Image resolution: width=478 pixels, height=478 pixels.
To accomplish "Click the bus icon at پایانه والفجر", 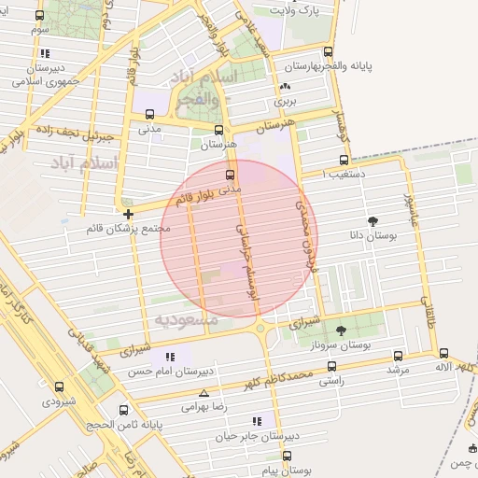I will [x=328, y=52].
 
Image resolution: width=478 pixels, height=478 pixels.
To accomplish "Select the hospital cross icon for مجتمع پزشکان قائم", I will [x=128, y=214].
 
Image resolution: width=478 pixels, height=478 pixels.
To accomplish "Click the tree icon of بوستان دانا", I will [x=374, y=221].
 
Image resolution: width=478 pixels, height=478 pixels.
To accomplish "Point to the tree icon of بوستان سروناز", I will [x=341, y=330].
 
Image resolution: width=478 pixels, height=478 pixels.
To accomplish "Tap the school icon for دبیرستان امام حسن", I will [x=169, y=357].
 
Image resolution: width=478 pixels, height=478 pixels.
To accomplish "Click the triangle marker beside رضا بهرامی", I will [x=204, y=394].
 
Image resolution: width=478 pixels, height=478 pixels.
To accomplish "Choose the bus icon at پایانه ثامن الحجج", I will [x=124, y=409].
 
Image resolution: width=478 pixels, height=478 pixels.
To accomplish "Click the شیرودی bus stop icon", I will [x=59, y=387].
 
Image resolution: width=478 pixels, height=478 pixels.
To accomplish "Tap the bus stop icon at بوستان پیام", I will [x=287, y=456].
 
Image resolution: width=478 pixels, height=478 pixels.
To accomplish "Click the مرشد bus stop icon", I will [x=399, y=356].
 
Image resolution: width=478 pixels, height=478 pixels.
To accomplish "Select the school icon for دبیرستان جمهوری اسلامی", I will [x=46, y=53].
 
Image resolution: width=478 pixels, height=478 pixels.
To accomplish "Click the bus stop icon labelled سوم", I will [x=39, y=16].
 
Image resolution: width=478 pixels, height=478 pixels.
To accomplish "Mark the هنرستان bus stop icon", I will [x=219, y=130].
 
